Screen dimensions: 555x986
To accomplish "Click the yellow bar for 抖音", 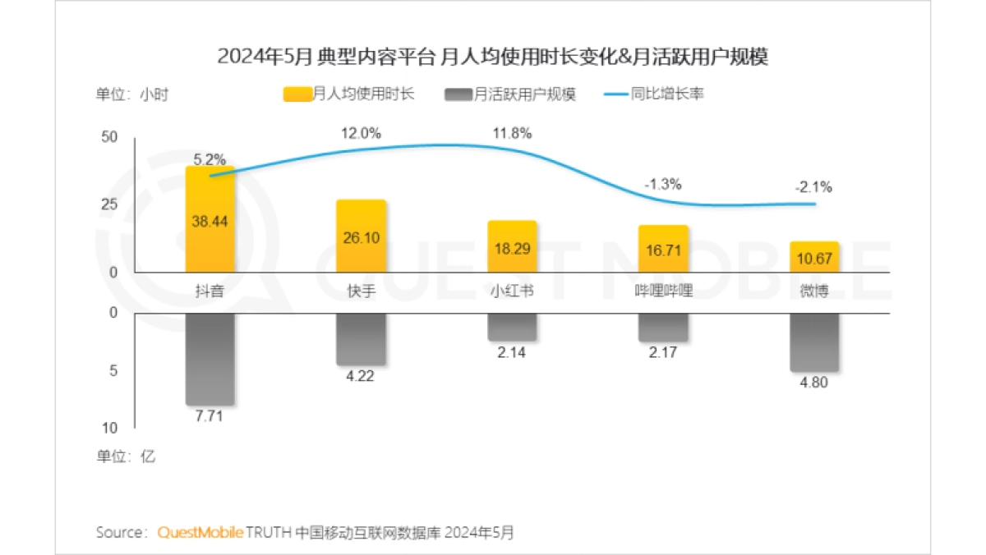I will point(210,220).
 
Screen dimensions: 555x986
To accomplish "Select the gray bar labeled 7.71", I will point(210,360).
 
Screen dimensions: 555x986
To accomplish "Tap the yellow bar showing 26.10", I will point(361,236).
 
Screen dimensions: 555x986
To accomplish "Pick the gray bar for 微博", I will point(814,342).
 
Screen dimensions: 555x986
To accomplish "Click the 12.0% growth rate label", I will point(361,133).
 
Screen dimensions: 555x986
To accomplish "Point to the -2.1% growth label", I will point(813,186).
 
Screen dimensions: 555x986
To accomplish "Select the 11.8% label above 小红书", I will point(512,133).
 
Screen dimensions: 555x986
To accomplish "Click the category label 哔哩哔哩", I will point(663,291).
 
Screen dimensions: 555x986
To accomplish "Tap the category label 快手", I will point(361,291).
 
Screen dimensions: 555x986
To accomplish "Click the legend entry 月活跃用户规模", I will point(509,94).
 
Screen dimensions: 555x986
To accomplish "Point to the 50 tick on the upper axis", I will point(109,137).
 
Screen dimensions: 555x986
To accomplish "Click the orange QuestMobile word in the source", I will point(200,532).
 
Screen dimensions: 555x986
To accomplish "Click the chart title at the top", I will point(492,57).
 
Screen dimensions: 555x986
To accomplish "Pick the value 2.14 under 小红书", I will point(512,353).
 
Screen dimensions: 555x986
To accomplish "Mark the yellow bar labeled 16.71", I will point(663,249).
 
